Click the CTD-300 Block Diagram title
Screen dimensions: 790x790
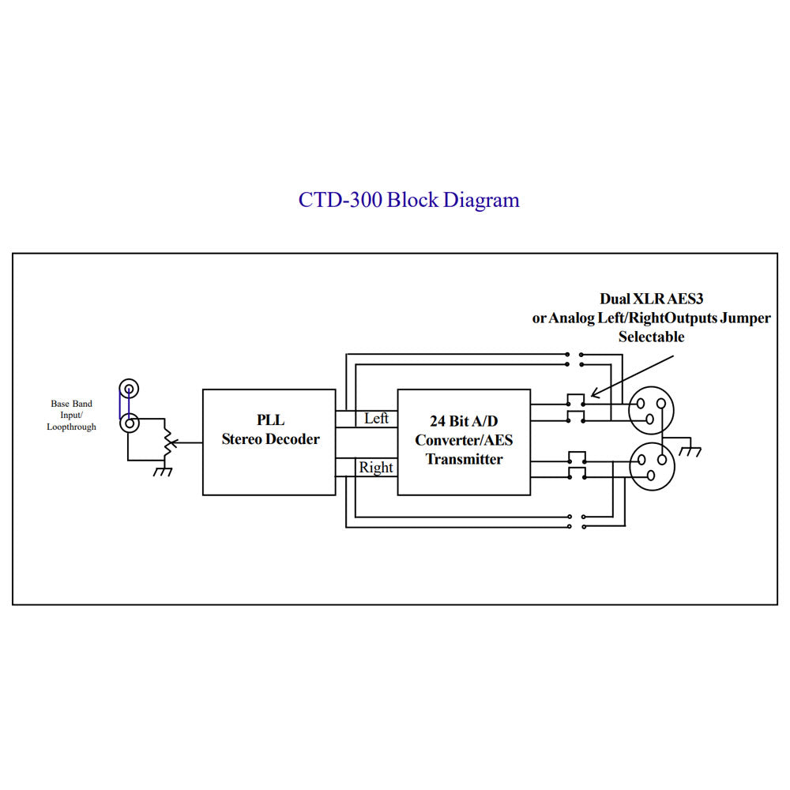tap(408, 200)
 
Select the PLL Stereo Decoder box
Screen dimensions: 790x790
tap(269, 442)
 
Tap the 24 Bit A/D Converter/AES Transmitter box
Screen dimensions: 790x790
tap(463, 442)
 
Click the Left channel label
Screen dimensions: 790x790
tap(376, 419)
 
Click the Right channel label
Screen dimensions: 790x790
tap(376, 468)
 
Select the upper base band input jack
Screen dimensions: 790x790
tap(129, 389)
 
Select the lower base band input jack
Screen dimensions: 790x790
tap(129, 423)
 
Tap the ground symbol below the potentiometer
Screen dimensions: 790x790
tap(164, 471)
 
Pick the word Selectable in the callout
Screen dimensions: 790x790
tap(651, 337)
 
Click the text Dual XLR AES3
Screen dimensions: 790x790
tap(651, 299)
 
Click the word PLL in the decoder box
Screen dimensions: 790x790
tap(269, 422)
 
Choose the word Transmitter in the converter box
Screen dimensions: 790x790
tap(464, 459)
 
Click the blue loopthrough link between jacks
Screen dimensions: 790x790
tap(121, 406)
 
